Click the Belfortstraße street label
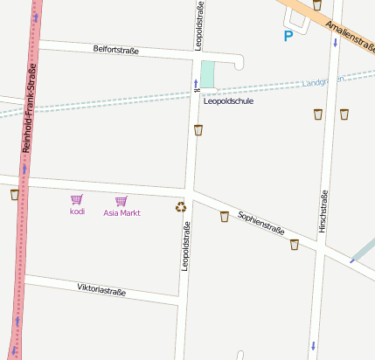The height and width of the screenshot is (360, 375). pyautogui.click(x=116, y=50)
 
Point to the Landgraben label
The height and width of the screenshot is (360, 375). pyautogui.click(x=323, y=81)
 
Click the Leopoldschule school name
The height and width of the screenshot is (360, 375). pyautogui.click(x=228, y=101)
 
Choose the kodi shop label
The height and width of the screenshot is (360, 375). pyautogui.click(x=77, y=212)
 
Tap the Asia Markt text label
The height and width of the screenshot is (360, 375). pyautogui.click(x=122, y=212)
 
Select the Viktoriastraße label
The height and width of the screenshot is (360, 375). pyautogui.click(x=101, y=288)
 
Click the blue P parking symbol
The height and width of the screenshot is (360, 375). pyautogui.click(x=288, y=37)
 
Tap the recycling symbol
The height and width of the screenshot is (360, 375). pyautogui.click(x=181, y=208)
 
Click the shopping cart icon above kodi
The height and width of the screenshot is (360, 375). pyautogui.click(x=77, y=200)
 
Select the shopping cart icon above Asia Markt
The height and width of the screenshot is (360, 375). pyautogui.click(x=121, y=200)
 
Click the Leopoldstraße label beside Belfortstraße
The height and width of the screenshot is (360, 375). pyautogui.click(x=199, y=26)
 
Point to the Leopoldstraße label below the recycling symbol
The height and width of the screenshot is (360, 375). pyautogui.click(x=185, y=246)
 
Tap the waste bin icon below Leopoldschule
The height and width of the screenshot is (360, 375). pyautogui.click(x=199, y=130)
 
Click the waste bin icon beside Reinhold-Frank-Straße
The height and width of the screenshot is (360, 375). pyautogui.click(x=14, y=194)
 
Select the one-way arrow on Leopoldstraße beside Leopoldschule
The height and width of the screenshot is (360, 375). pyautogui.click(x=196, y=84)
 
